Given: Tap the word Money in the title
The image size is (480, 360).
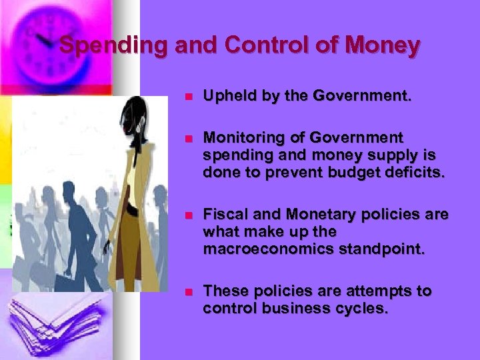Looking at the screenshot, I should [386, 46].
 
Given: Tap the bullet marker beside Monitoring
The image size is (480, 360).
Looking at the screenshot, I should [188, 138].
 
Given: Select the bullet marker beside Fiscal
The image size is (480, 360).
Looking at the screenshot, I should [188, 215].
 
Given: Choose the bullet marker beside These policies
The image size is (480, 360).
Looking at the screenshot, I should [188, 291].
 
